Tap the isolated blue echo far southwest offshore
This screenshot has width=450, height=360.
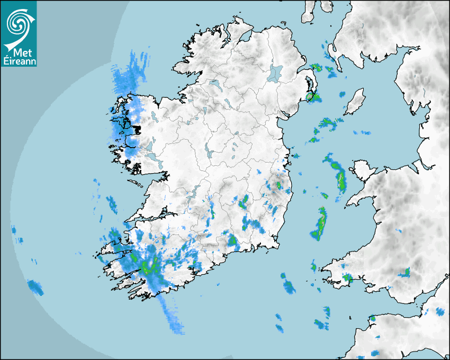[x=35, y=287]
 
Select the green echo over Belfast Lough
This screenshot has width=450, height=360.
[x=313, y=97]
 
